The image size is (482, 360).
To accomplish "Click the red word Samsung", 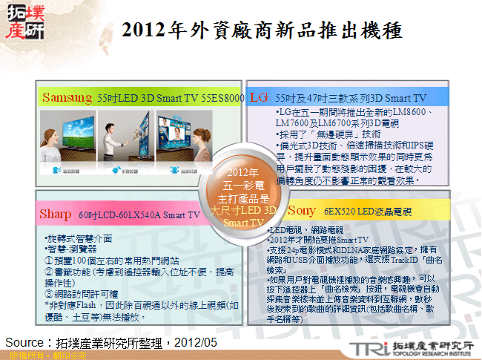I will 67,97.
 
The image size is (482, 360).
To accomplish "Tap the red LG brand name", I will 259,97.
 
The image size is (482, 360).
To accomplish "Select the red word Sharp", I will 56,215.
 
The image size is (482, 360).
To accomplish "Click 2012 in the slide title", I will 145,30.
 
